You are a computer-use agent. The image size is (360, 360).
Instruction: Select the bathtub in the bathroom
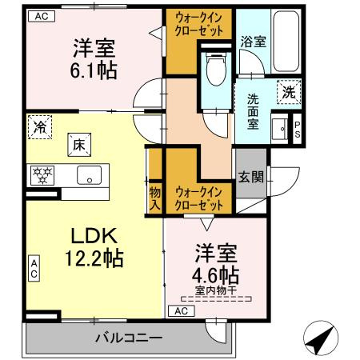pos(286,42)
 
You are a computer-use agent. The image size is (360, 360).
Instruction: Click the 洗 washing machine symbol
pos(287,92)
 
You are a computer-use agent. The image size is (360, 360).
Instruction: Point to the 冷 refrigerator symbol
pos(39,125)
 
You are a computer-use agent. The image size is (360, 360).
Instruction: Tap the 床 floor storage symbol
pos(79,146)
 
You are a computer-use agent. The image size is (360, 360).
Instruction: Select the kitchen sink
pos(86,174)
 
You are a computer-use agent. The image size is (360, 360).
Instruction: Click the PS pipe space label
pos(298,129)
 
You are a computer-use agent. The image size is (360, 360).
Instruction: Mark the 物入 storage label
pos(155,198)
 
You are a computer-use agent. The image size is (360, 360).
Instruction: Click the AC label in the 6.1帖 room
pos(41,15)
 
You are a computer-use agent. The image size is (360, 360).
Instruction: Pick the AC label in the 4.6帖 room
pos(182,310)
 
